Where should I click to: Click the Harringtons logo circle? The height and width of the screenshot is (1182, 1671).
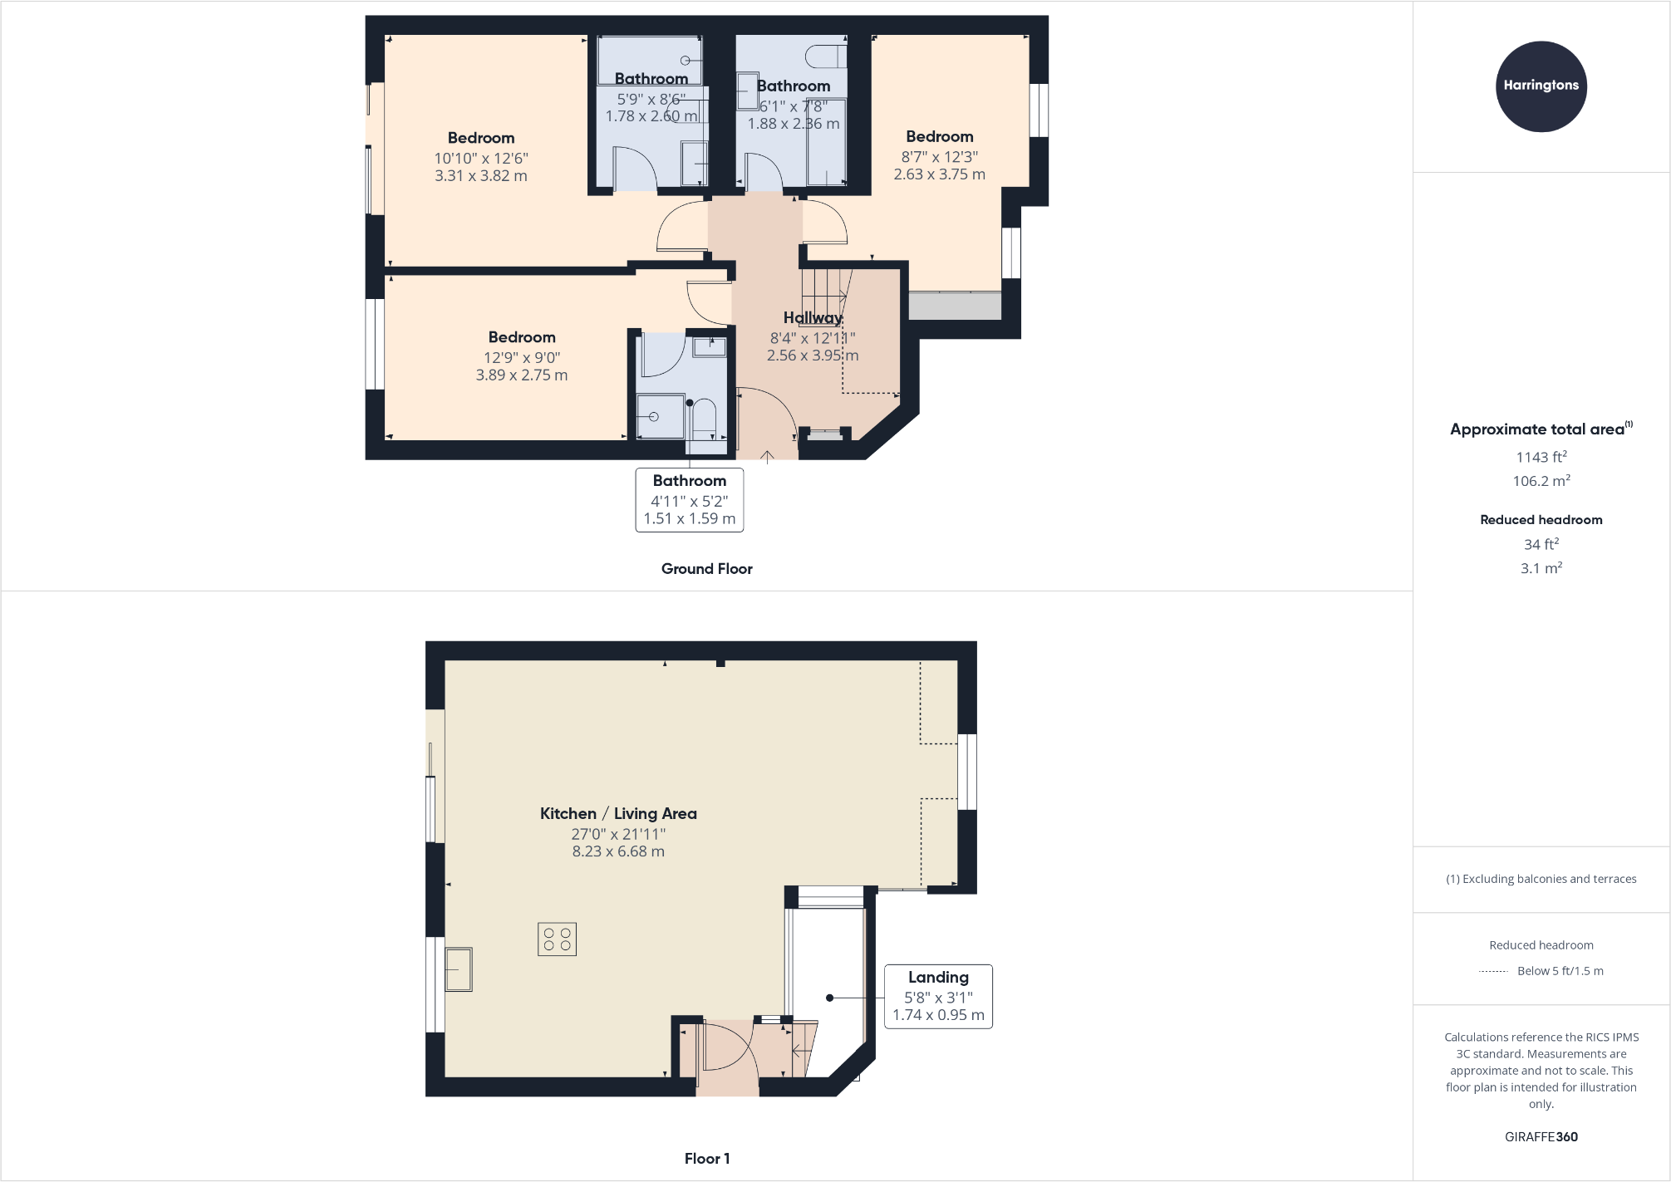[x=1541, y=86]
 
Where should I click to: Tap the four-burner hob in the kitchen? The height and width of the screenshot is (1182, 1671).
[x=557, y=939]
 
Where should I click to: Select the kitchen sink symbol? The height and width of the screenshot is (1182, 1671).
[x=459, y=969]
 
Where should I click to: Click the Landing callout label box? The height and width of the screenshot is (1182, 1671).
[x=938, y=996]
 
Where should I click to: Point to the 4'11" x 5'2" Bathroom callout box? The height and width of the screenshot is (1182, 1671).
[x=689, y=499]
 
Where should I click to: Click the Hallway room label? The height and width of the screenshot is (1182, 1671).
[x=813, y=317]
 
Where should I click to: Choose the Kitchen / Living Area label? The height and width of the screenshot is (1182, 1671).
[x=618, y=813]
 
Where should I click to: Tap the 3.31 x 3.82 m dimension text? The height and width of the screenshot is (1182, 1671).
[x=480, y=176]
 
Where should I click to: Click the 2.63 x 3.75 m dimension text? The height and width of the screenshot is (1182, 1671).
[x=939, y=174]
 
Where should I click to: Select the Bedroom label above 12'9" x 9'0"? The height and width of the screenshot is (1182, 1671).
[x=522, y=337]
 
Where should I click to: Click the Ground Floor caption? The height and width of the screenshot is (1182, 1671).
[x=706, y=569]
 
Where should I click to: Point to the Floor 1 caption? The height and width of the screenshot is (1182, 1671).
[x=706, y=1159]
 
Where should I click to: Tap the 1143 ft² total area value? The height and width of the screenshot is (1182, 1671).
[x=1541, y=457]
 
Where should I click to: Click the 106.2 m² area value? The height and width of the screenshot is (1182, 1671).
[x=1541, y=481]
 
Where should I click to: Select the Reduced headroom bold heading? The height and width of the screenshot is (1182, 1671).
[x=1541, y=520]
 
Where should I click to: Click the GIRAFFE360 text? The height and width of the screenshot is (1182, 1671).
[x=1541, y=1137]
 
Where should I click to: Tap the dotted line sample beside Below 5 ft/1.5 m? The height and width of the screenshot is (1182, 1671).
[x=1493, y=971]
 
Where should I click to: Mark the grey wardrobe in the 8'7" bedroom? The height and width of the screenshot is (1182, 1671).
[x=955, y=306]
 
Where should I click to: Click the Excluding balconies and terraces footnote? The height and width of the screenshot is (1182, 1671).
[x=1541, y=879]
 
